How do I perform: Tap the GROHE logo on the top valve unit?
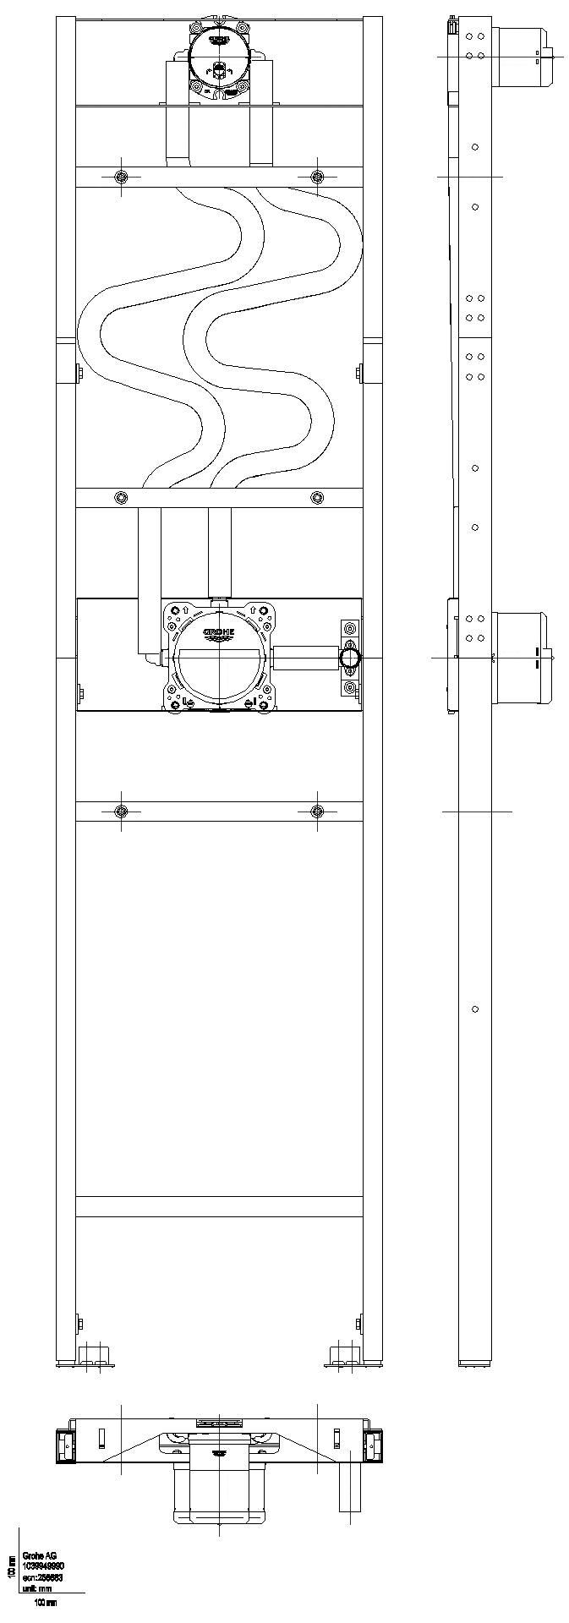(218, 38)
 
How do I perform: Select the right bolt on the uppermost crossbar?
(317, 176)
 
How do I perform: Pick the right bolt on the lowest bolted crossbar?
(317, 811)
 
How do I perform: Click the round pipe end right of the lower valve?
(348, 657)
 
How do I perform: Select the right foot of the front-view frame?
(347, 1357)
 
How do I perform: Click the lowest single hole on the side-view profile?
(475, 1009)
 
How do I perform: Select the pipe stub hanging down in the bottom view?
(350, 1488)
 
